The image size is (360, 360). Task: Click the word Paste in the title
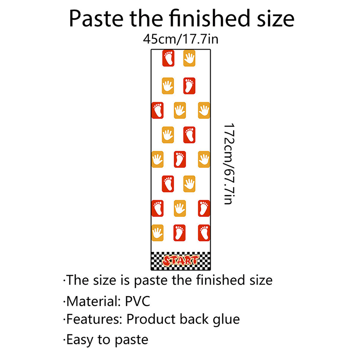96,18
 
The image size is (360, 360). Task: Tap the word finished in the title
209,18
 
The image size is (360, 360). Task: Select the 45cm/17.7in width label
180,39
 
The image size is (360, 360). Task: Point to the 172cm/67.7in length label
229,164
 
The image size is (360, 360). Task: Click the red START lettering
180,261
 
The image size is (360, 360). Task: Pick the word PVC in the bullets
137,301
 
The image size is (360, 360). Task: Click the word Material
94,301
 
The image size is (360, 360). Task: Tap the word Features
94,319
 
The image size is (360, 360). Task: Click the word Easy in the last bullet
80,340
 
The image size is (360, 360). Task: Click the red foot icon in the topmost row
168,58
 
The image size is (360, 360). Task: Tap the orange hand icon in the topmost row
189,58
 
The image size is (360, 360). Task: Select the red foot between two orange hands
180,159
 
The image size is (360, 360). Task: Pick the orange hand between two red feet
180,208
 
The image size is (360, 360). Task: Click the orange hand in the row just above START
157,233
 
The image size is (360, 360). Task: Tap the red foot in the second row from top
189,86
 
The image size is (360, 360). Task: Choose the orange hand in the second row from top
168,86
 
